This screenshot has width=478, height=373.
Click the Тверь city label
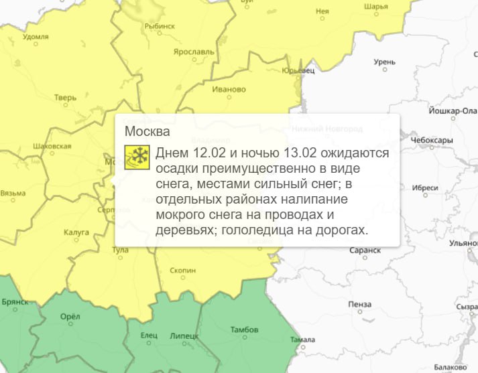coord(66,98)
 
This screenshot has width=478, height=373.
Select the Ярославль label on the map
coord(193,51)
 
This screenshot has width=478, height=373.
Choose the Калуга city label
coord(76,232)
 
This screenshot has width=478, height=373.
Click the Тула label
coord(120,250)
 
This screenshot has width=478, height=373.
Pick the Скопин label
coord(182,270)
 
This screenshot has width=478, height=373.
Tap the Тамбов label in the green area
coord(243,329)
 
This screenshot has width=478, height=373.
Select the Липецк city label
coord(184,335)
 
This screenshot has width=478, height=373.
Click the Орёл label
coord(70,317)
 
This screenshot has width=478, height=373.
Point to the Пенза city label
coord(360,304)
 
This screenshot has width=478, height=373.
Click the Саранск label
coord(365,250)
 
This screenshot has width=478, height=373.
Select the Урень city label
coord(385,62)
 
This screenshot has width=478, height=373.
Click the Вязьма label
coord(13,193)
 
